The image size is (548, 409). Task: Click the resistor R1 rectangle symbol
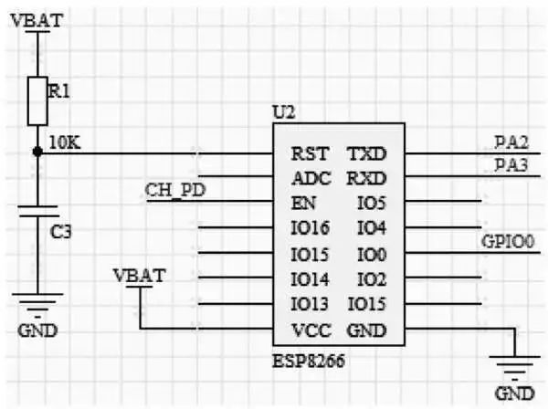coord(37,100)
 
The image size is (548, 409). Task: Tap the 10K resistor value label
coord(66,143)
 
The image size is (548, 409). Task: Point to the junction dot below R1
coord(37,152)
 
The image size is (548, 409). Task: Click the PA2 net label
coord(512,142)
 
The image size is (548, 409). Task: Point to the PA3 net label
coord(512,164)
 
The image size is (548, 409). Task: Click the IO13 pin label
coord(310,303)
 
